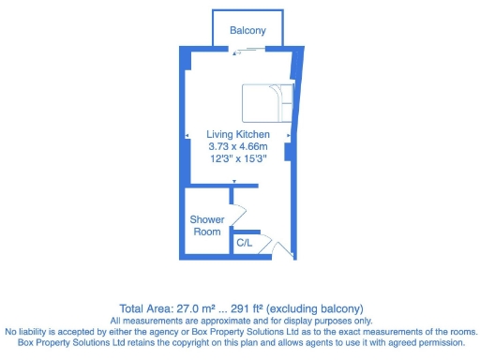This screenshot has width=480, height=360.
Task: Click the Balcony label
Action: click(x=248, y=31)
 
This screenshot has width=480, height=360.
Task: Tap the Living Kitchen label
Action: click(x=237, y=135)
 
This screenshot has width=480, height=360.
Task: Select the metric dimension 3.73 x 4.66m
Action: click(x=237, y=146)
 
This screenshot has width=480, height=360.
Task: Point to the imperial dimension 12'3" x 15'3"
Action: click(x=237, y=157)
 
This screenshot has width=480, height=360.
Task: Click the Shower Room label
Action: click(x=207, y=226)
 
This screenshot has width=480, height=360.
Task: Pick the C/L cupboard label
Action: click(x=245, y=243)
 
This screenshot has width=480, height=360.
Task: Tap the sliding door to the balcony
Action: click(x=243, y=52)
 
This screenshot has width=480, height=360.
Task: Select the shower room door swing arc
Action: click(x=238, y=212)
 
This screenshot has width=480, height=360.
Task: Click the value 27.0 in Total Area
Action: click(x=187, y=308)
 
